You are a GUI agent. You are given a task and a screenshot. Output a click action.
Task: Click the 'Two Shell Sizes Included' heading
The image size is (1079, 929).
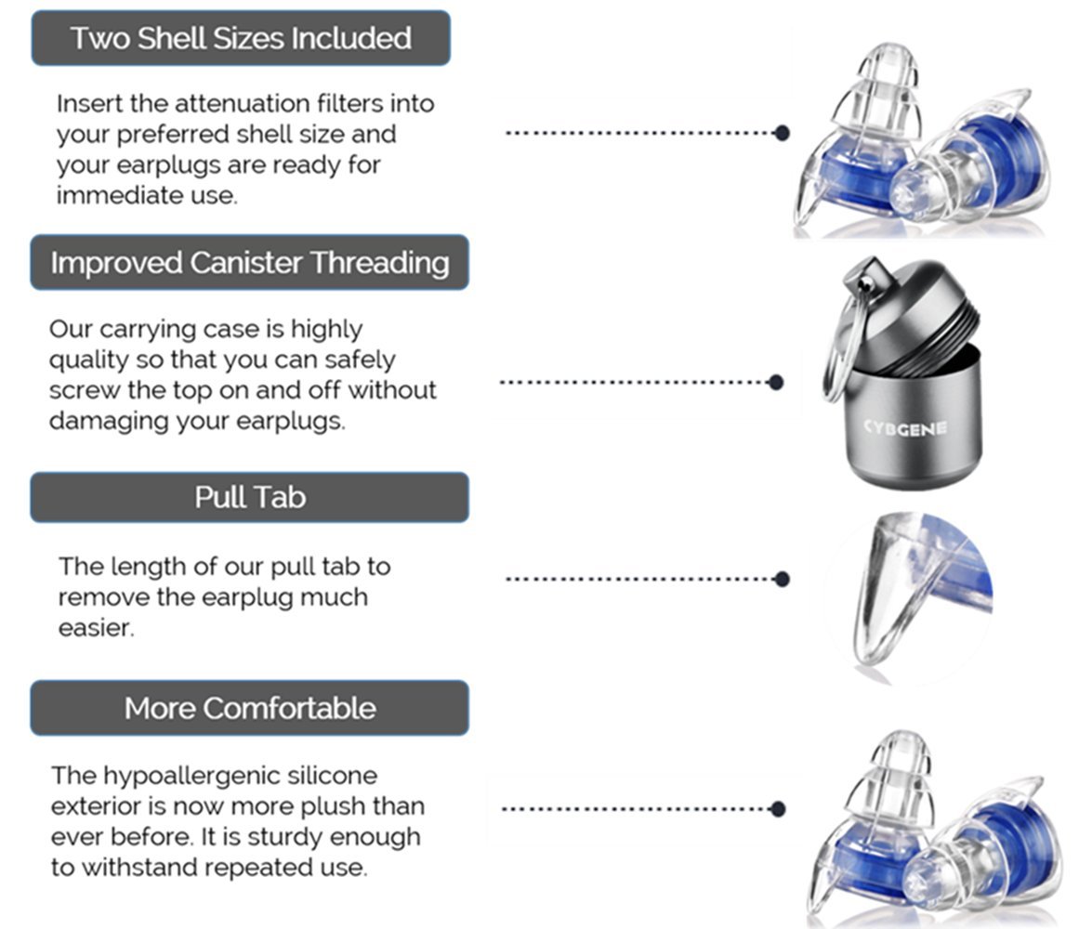(x=241, y=38)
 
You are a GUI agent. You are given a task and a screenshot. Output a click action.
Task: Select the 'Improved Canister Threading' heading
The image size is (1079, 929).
(x=249, y=263)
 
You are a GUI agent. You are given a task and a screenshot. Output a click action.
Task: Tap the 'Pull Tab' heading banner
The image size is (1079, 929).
(x=249, y=497)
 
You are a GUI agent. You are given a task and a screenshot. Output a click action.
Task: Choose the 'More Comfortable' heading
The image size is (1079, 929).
(x=249, y=708)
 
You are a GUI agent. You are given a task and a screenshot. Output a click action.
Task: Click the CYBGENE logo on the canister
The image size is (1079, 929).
(x=904, y=427)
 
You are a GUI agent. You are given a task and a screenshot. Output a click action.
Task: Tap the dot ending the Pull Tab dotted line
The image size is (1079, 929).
(x=782, y=579)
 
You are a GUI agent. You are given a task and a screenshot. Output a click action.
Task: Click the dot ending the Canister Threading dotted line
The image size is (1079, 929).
(x=777, y=382)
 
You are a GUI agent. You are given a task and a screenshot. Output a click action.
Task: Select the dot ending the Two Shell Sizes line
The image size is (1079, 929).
(x=782, y=133)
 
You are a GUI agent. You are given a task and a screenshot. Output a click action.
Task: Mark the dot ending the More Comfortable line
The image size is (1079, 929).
(x=779, y=808)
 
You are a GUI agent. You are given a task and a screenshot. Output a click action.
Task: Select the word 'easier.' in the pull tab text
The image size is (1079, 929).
(x=97, y=628)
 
